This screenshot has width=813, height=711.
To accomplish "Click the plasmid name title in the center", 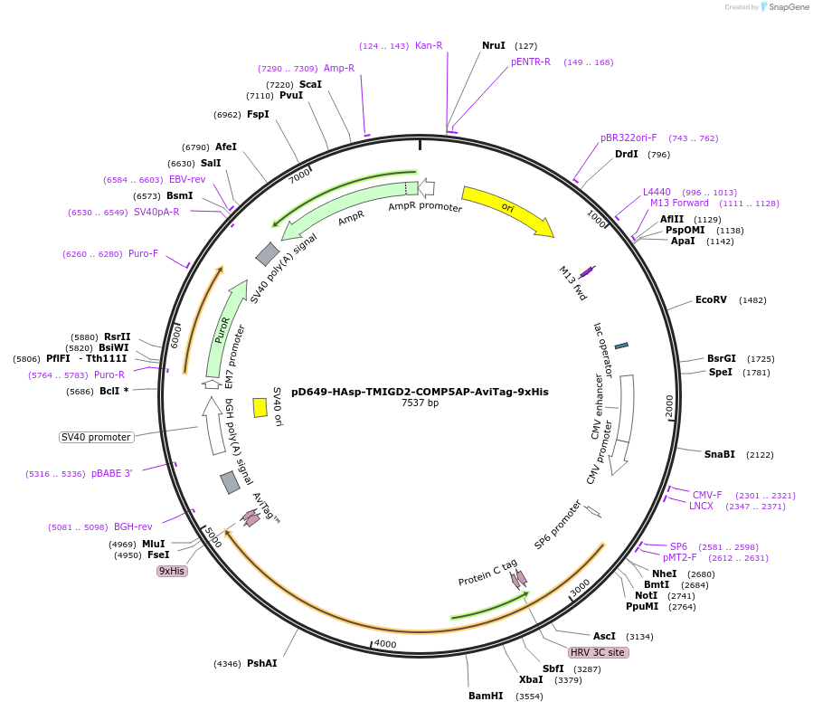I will coord(420,392).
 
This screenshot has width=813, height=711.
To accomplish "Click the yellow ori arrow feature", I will coord(506,210).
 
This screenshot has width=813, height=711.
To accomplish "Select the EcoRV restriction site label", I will coord(711,299).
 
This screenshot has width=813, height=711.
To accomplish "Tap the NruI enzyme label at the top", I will coord(494,45).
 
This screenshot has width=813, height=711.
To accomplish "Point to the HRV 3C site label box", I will coord(598,652).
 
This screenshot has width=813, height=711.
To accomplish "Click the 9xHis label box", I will coord(172,571).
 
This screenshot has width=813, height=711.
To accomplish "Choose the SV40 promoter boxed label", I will coord(97,437).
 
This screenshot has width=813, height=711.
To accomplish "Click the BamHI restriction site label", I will coord(486,696).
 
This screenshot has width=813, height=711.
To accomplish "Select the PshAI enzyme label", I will coord(262,663).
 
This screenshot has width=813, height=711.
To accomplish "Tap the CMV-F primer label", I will coord(707,495).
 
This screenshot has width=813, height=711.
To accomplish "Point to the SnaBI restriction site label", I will coord(720,454).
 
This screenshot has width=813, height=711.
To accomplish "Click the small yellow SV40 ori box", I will coord(260,407).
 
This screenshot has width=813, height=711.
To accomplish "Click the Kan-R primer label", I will coord(429,45).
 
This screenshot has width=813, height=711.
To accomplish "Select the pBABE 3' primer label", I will coord(112,473).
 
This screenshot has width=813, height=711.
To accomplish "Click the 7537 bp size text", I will coord(420,403).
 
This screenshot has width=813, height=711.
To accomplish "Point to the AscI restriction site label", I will coord(604,636).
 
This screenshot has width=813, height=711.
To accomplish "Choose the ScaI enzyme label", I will coord(310,84).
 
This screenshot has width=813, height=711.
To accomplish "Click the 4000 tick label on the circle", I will coord(385,643).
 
